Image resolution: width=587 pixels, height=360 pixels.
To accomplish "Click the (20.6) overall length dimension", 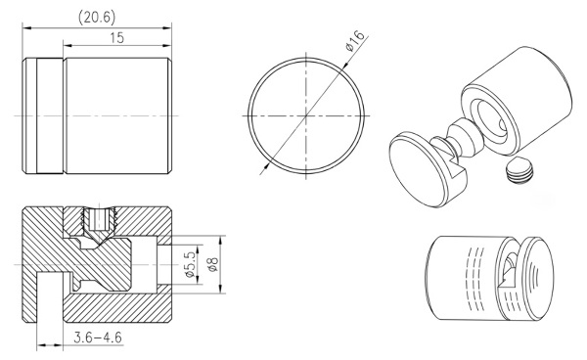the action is point(97,18).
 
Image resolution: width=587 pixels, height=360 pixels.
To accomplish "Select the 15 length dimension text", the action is point(116,38).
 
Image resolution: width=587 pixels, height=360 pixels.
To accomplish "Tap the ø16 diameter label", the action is point(354,41).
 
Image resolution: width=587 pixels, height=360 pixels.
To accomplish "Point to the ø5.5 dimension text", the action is point(190,264).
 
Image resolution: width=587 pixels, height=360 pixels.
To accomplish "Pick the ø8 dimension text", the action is point(212,264).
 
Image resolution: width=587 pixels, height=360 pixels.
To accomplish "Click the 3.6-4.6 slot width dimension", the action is point(98,337).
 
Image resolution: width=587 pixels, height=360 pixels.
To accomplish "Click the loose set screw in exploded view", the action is point(519,170).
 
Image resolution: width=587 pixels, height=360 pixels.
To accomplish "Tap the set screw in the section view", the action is point(99,221).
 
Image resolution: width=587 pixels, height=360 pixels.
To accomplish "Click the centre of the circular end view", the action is point(306,115).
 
